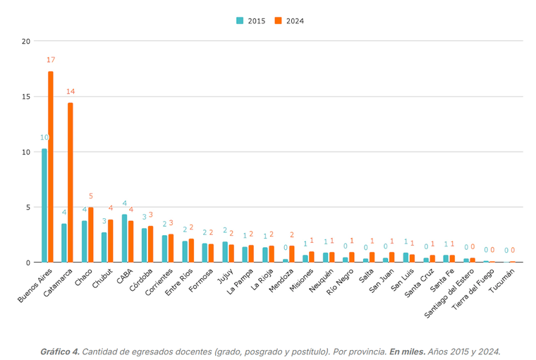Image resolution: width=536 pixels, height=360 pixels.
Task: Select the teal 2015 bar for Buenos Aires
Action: [44, 205]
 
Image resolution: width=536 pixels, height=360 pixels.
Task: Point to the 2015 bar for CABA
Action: [124, 239]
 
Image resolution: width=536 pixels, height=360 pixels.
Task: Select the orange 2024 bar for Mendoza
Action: [292, 254]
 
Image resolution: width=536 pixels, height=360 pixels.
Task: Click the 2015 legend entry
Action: [250, 20]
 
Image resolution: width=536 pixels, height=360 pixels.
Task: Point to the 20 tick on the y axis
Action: [25, 41]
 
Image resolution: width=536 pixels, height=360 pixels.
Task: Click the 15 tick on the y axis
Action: [25, 97]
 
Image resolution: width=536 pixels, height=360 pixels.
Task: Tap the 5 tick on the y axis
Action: [28, 208]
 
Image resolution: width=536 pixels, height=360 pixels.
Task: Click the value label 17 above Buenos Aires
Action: [51, 60]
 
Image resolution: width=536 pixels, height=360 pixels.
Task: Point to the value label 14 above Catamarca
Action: [71, 92]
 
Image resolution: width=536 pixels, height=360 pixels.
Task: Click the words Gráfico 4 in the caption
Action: [59, 351]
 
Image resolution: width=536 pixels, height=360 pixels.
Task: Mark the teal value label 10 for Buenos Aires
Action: [44, 138]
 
